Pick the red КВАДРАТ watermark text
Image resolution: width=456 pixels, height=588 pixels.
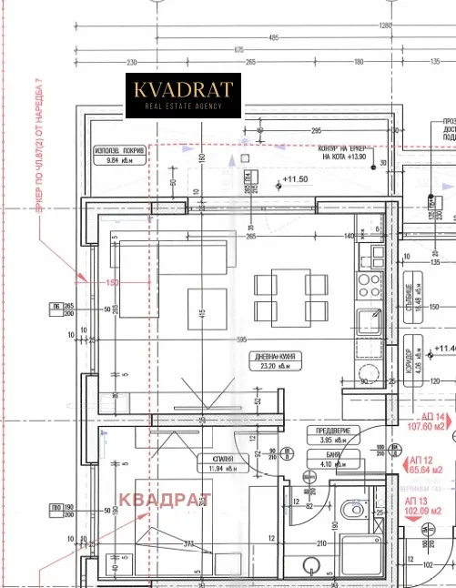[165, 499]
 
